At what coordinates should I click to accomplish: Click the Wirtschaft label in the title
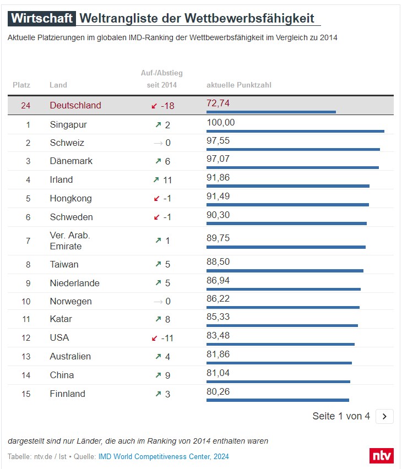(x=41, y=18)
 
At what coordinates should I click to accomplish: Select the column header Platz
(x=21, y=85)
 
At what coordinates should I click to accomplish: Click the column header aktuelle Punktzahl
(x=238, y=85)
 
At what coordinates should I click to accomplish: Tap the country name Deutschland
(x=75, y=105)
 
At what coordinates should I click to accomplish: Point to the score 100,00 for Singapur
(x=220, y=122)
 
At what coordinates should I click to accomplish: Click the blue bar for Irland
(x=287, y=186)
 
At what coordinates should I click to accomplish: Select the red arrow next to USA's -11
(x=155, y=337)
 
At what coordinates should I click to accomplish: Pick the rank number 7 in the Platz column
(x=28, y=241)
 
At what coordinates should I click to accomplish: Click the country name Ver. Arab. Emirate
(x=70, y=241)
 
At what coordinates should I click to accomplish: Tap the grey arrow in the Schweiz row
(x=158, y=143)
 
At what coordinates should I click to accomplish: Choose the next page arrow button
(x=384, y=416)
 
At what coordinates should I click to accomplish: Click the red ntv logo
(x=381, y=456)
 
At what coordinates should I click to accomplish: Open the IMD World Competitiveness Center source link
(x=164, y=456)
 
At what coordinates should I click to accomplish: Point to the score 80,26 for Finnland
(x=218, y=391)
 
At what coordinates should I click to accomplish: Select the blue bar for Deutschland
(x=271, y=112)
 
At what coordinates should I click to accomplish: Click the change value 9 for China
(x=167, y=375)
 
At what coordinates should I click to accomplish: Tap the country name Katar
(x=61, y=319)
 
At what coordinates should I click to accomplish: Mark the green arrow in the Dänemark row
(x=158, y=161)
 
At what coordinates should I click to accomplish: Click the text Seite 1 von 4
(x=341, y=416)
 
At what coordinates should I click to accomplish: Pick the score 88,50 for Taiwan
(x=218, y=262)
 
